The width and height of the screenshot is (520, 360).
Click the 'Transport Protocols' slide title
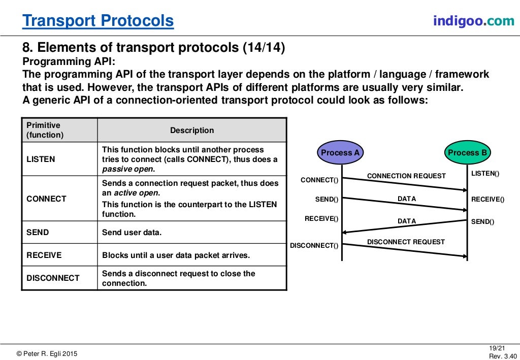(98, 21)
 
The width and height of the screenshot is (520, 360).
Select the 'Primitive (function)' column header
(45, 130)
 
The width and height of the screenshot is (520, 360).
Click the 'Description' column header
(191, 130)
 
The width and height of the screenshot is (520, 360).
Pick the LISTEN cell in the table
(41, 159)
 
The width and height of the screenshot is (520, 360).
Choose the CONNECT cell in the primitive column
(46, 199)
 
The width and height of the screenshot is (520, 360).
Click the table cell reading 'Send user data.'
(132, 233)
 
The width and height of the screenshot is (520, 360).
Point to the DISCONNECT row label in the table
(53, 278)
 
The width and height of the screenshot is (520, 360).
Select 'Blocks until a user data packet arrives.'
(176, 255)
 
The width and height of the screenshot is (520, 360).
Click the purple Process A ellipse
(340, 152)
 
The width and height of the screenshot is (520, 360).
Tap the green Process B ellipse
(467, 152)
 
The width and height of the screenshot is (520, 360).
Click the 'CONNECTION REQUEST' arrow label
(406, 176)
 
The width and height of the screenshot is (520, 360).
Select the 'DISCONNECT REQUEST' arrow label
(406, 242)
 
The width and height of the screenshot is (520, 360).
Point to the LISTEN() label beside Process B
(485, 174)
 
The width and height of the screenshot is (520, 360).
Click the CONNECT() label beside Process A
(319, 180)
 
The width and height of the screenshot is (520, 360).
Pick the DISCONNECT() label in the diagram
(314, 246)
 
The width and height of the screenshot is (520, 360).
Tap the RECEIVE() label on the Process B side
(487, 200)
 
